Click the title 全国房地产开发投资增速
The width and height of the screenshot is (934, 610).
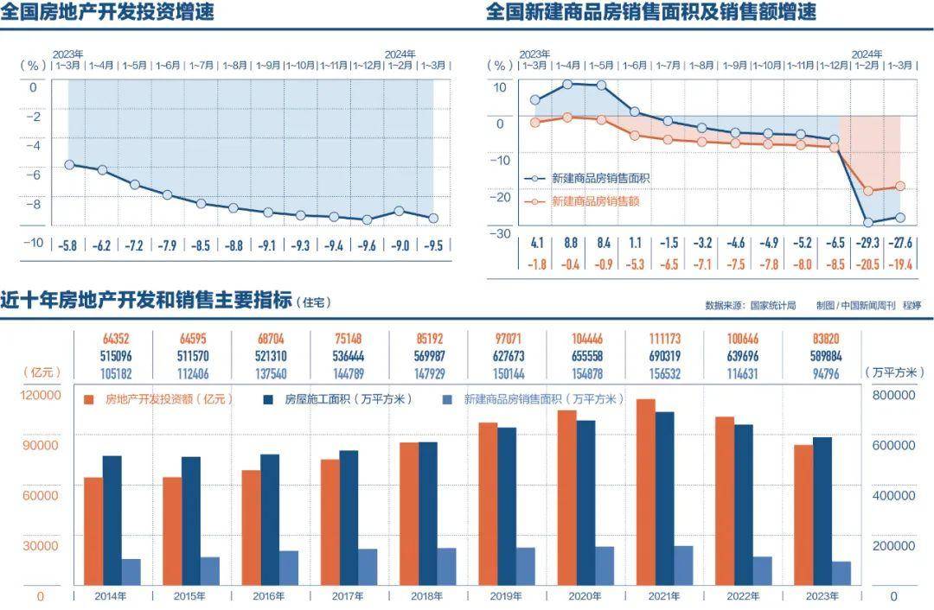click(107, 12)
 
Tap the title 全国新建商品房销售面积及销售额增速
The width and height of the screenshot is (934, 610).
click(650, 12)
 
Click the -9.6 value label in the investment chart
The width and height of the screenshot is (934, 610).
click(367, 246)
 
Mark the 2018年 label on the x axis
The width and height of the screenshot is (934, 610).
click(426, 596)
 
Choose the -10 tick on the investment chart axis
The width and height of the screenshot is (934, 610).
click(32, 243)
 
